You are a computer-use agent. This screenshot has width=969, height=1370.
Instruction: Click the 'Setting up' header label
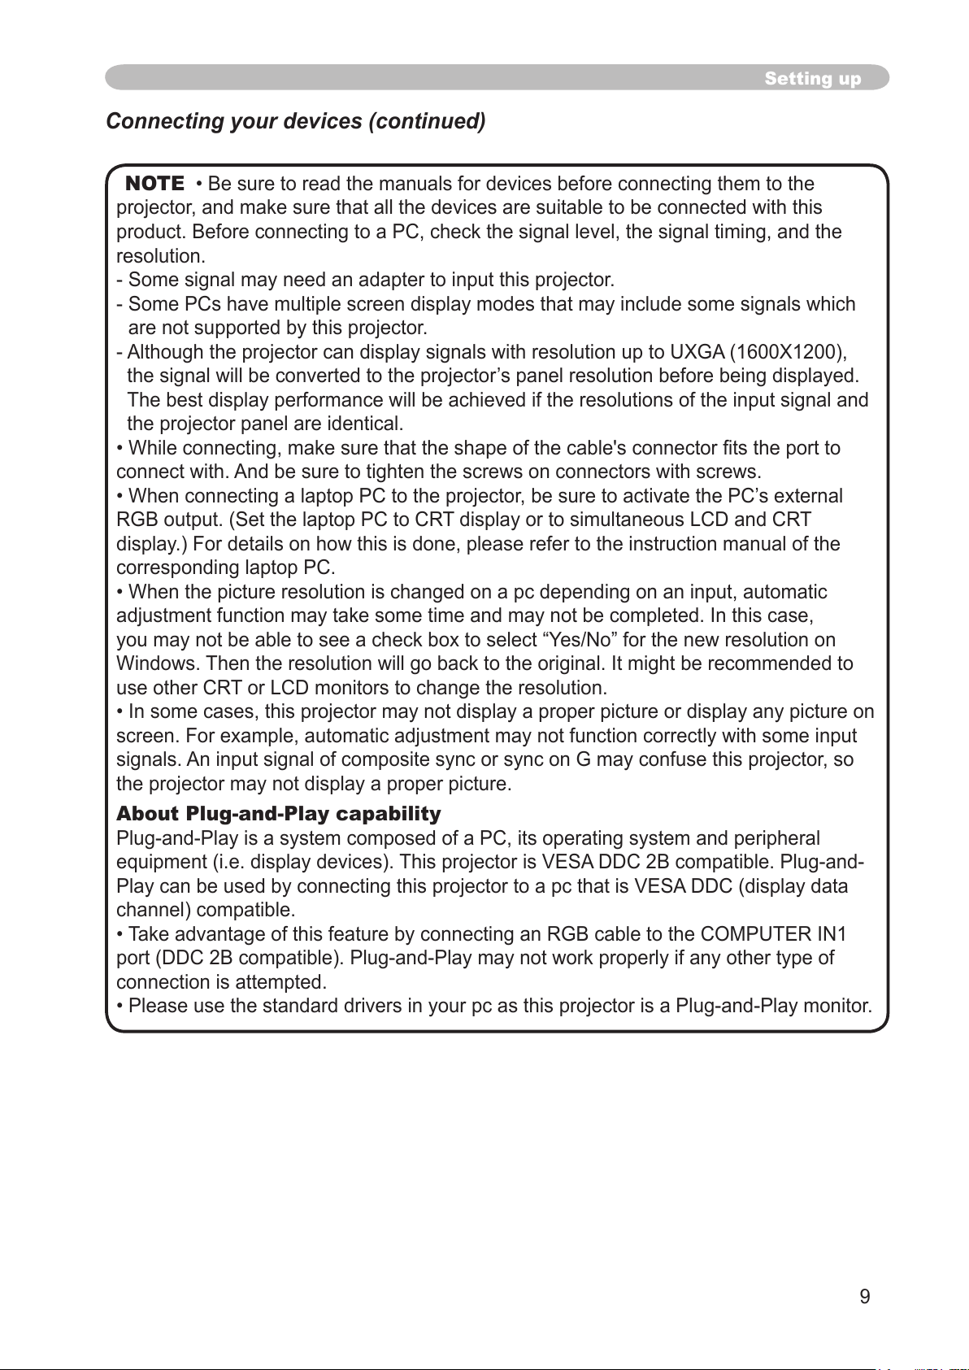812,79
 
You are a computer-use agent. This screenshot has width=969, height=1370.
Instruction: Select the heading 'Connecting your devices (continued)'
296,121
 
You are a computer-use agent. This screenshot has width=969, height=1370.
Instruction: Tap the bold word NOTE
154,183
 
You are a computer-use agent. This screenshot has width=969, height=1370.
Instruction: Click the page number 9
865,1297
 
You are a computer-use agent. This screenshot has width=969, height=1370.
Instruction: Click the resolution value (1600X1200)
787,352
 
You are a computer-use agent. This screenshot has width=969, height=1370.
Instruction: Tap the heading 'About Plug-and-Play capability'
279,814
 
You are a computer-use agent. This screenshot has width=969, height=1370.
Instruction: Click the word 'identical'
364,424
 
